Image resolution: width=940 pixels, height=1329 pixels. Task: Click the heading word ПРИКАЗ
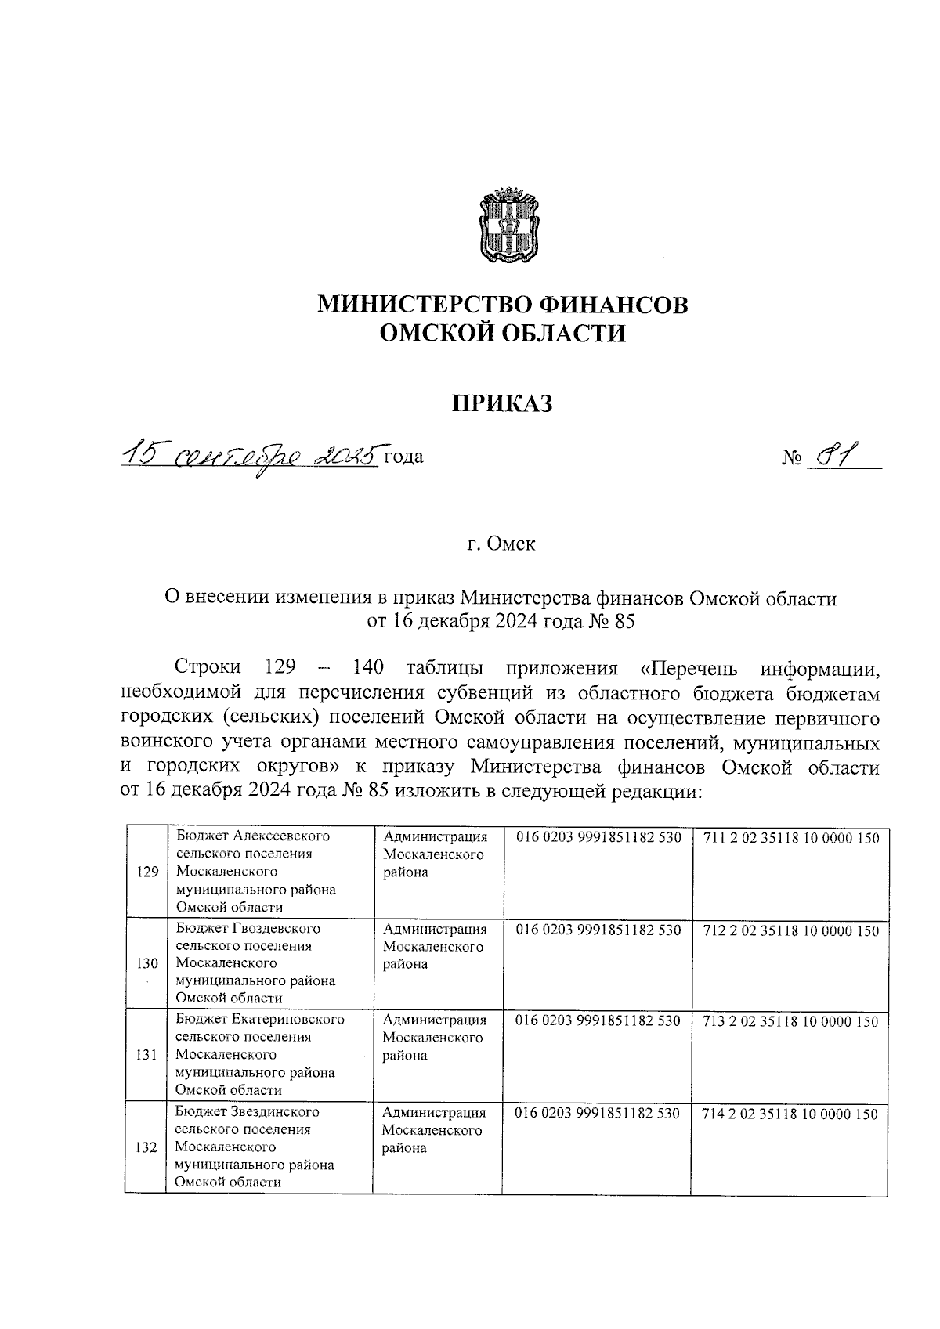tap(502, 403)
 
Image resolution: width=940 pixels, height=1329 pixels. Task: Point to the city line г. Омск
tap(501, 544)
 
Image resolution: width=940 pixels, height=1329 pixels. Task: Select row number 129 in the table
tap(147, 872)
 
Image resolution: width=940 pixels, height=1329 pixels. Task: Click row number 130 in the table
tap(147, 964)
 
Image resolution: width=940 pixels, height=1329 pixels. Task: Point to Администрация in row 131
tap(435, 1020)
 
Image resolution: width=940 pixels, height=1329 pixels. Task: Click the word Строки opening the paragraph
tap(208, 667)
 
